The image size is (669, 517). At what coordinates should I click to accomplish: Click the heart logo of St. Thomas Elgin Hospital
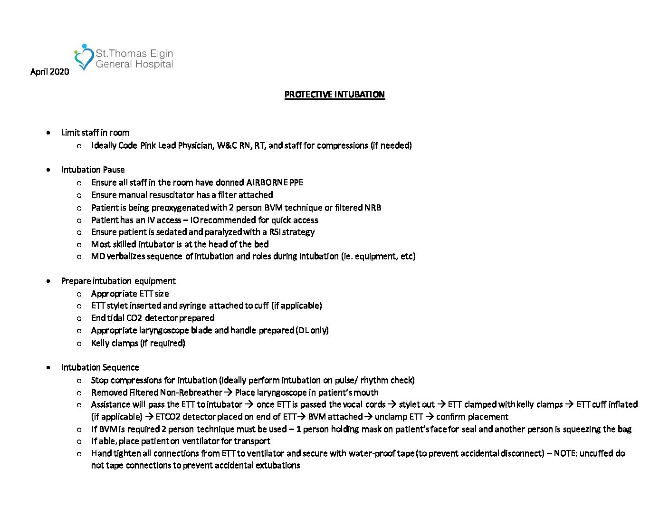coord(84,57)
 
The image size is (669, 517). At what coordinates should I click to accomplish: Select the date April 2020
coord(49,72)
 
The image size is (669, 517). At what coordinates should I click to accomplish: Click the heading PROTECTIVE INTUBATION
coord(334,95)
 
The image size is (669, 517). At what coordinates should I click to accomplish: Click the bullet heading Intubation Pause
coord(93,170)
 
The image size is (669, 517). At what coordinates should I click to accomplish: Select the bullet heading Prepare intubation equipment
coord(118,281)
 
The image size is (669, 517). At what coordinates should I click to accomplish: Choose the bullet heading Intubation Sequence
coord(100,367)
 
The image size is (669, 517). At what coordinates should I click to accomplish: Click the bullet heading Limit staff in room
coord(95,133)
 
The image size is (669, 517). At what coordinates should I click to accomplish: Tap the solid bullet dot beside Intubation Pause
coord(48,170)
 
